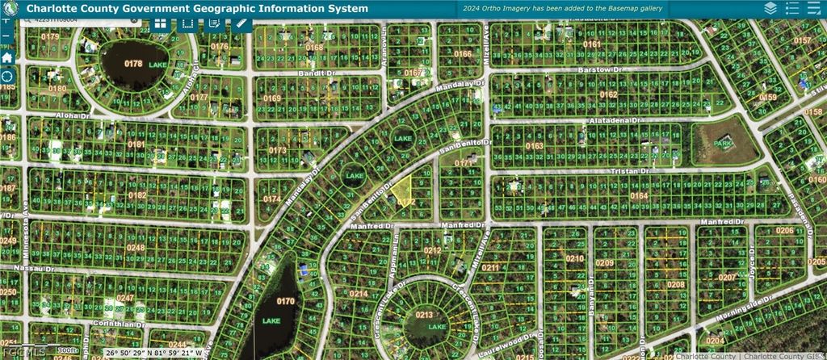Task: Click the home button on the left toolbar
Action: [7, 57]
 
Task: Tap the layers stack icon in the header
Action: [770, 8]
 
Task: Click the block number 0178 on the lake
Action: [133, 63]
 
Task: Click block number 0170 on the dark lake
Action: [286, 302]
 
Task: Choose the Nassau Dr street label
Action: [36, 268]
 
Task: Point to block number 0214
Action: [359, 294]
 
